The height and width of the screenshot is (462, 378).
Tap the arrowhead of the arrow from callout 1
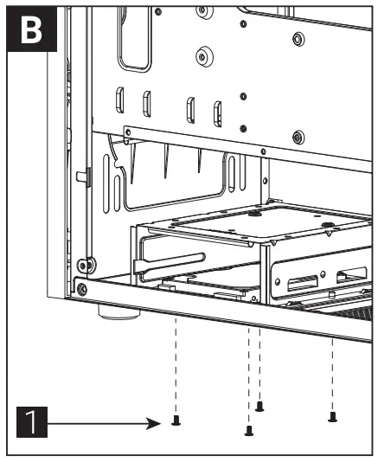click(159, 424)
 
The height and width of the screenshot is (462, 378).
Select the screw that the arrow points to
click(176, 421)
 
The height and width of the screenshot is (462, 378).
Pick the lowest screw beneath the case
click(249, 429)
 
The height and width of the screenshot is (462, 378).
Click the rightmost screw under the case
click(333, 417)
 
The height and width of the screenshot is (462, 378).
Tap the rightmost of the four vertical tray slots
click(217, 112)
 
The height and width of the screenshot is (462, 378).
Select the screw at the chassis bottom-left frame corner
click(81, 288)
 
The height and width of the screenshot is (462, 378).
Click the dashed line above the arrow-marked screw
click(176, 363)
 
